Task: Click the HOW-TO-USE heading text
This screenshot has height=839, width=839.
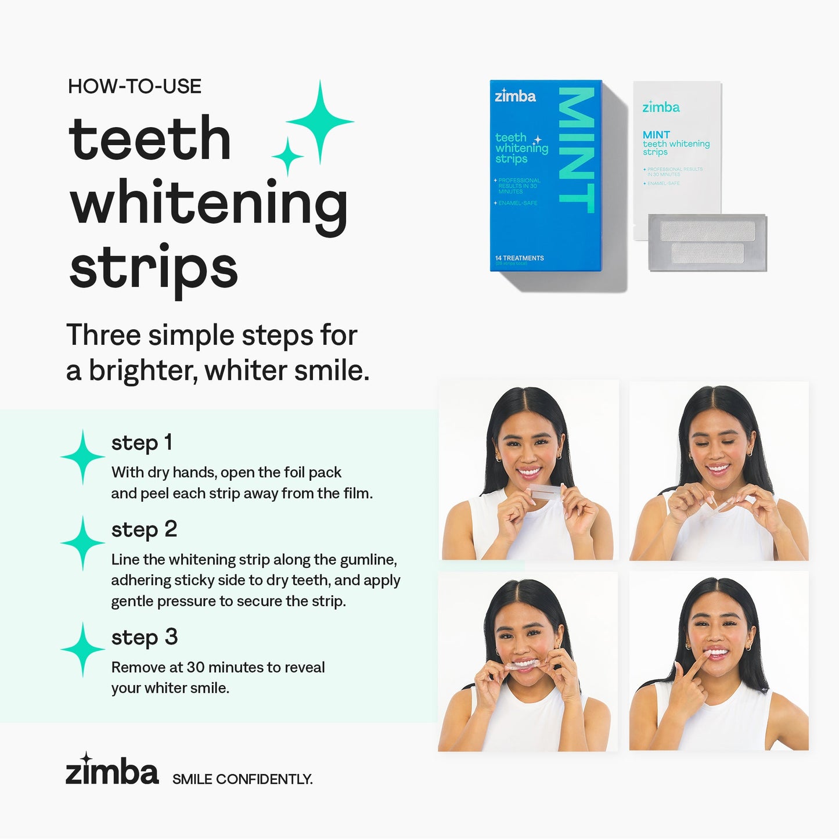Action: tap(134, 87)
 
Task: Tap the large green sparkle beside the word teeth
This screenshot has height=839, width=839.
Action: tap(320, 121)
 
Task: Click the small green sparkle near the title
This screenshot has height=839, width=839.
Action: tap(287, 156)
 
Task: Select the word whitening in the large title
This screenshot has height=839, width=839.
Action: tap(208, 204)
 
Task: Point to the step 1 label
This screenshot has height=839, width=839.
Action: tap(142, 442)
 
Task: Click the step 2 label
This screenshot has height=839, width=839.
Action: tap(144, 530)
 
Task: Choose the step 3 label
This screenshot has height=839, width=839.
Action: tap(144, 638)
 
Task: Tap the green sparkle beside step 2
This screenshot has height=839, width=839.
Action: tap(83, 543)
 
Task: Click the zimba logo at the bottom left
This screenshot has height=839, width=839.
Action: tap(111, 770)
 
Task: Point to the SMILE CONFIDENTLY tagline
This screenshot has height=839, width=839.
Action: tap(242, 779)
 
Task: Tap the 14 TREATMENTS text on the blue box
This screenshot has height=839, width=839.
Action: tap(519, 258)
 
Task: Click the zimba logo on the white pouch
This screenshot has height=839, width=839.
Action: tap(661, 107)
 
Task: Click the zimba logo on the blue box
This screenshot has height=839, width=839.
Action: tap(515, 96)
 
